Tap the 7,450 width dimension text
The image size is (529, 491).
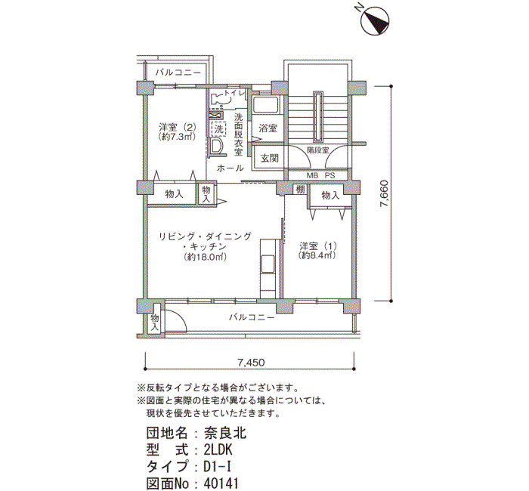(x=252, y=363)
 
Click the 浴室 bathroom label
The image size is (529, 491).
(x=268, y=128)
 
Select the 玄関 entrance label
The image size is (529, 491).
(x=270, y=158)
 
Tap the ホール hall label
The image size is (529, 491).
(x=230, y=168)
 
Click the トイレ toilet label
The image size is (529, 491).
(x=235, y=93)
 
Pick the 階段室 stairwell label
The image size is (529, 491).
(x=317, y=150)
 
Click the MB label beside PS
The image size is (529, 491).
(x=313, y=175)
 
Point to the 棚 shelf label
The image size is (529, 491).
(x=300, y=190)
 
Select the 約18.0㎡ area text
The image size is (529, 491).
(x=206, y=257)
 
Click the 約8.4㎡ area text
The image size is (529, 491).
(x=317, y=255)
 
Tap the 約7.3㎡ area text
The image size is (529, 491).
(x=178, y=137)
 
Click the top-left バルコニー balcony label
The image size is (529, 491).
(x=178, y=73)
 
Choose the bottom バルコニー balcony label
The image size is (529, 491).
(x=252, y=317)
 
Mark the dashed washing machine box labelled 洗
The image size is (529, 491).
(x=218, y=128)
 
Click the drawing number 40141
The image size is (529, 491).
(x=221, y=483)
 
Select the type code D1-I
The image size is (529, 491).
(x=218, y=467)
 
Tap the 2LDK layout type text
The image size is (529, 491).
(x=218, y=450)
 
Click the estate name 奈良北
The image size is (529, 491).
(x=225, y=433)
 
